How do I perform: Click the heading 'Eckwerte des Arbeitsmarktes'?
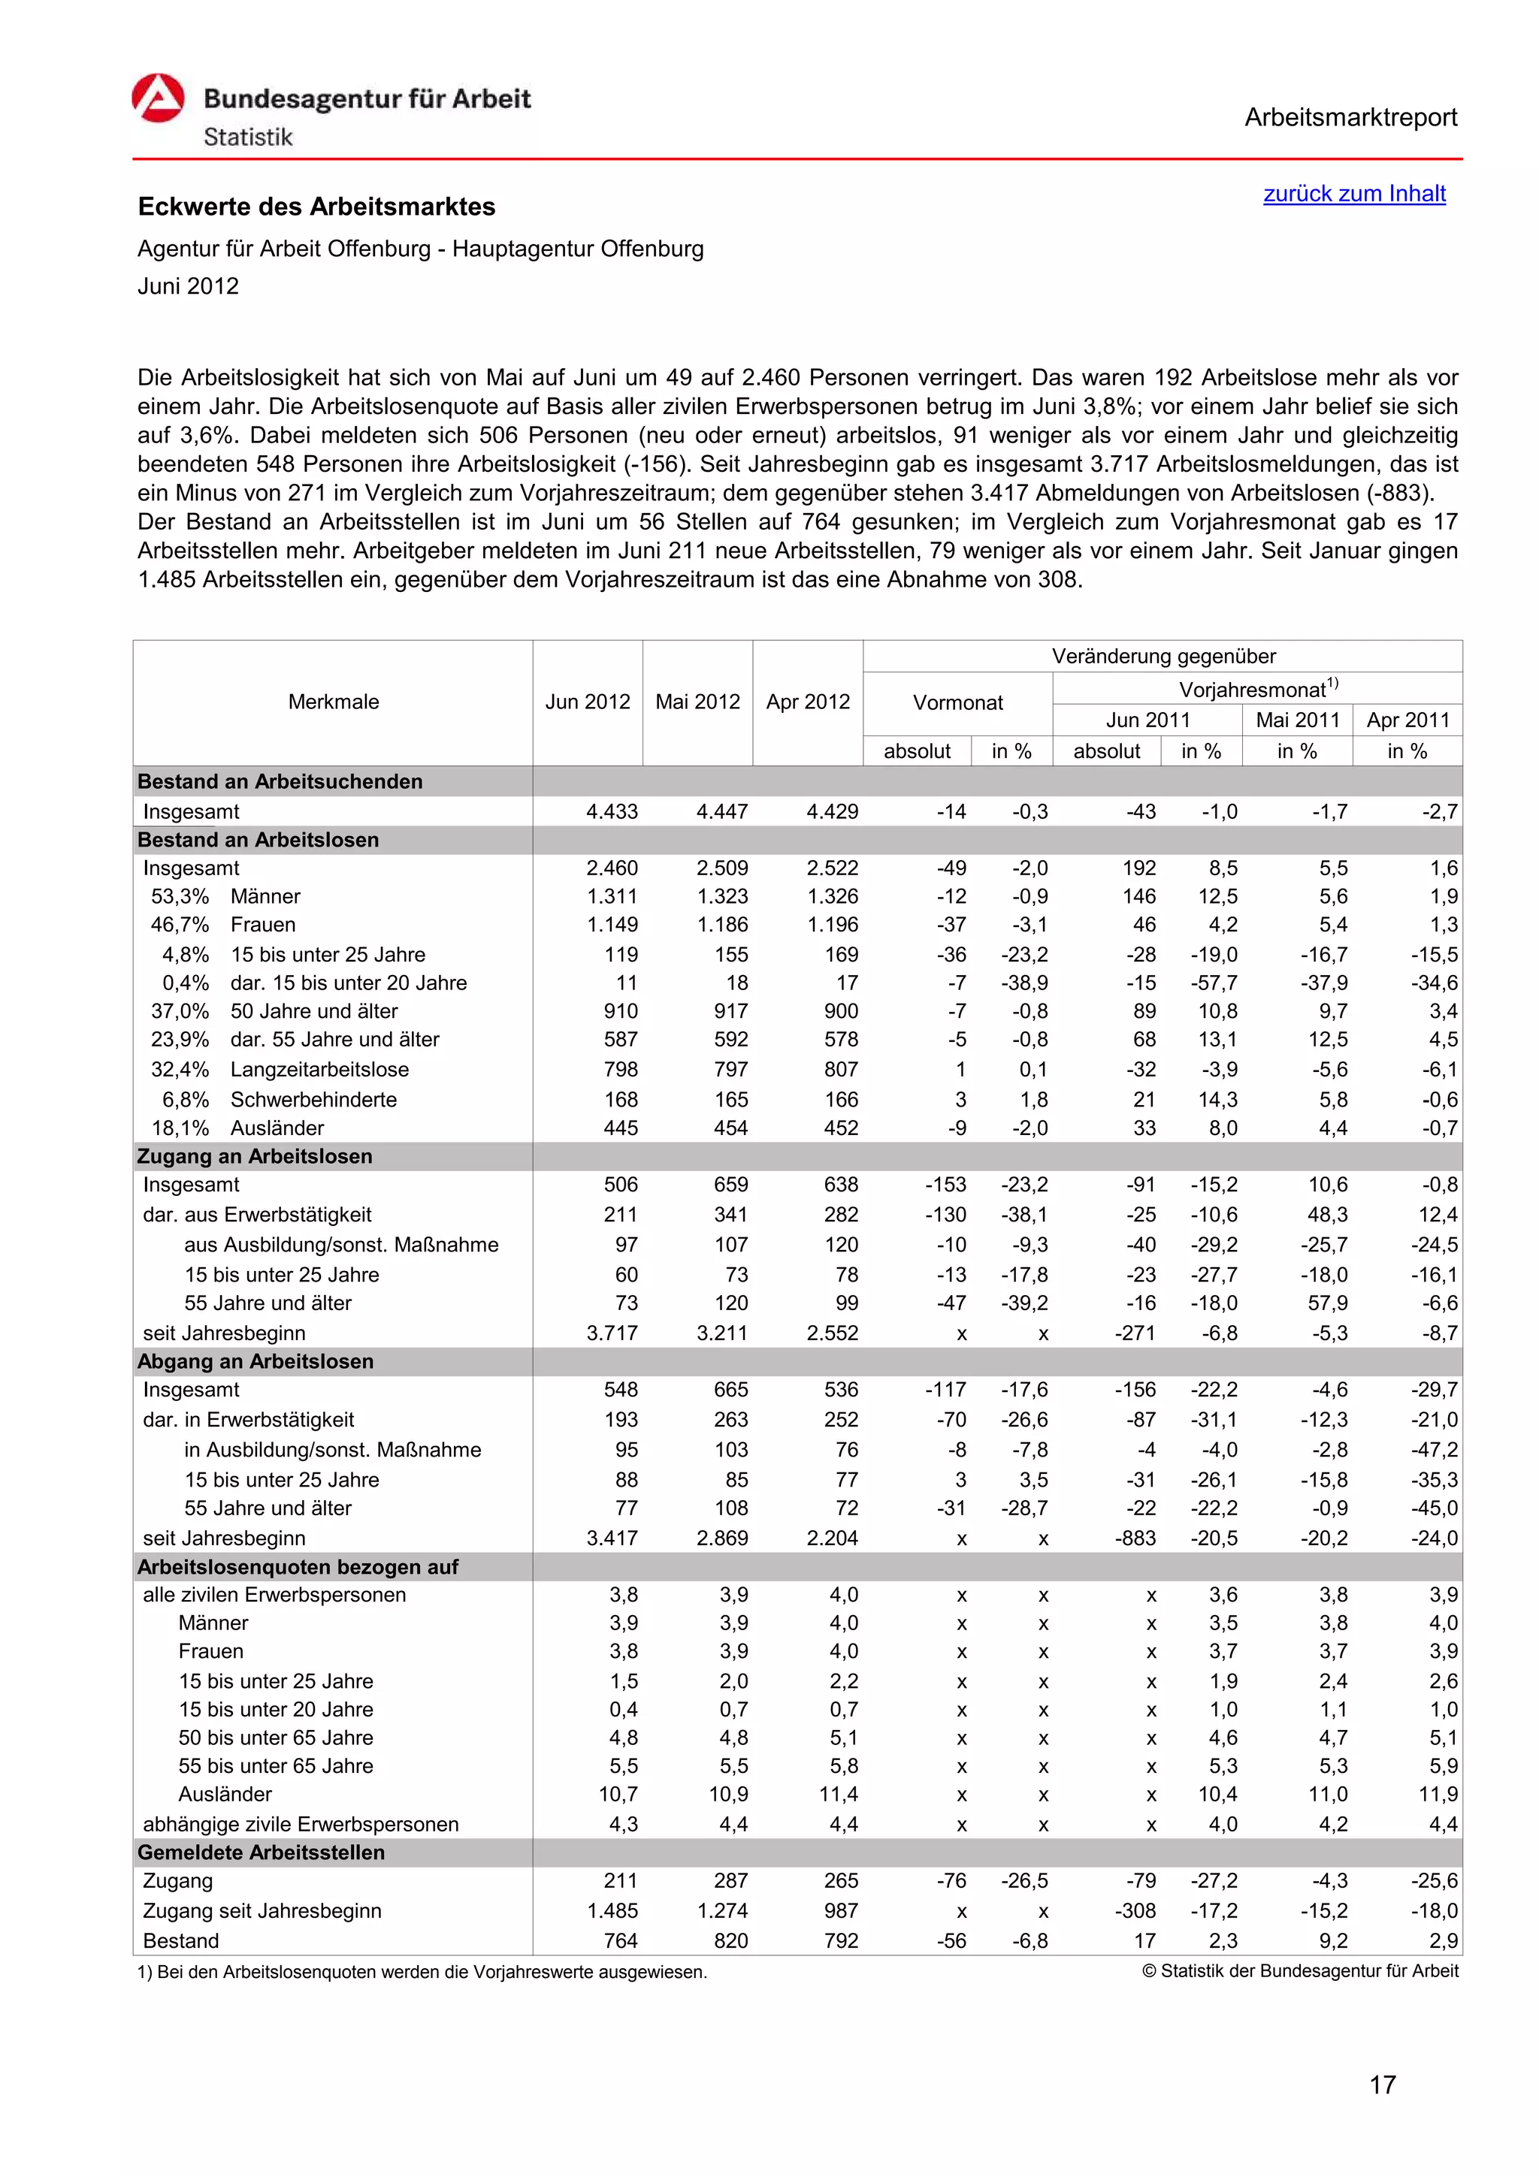click(x=316, y=207)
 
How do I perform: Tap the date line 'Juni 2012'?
click(x=188, y=286)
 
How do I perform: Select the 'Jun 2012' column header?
click(x=587, y=702)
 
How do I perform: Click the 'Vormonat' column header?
click(x=957, y=702)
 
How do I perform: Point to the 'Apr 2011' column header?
click(x=1407, y=720)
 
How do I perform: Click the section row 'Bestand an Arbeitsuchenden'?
click(x=280, y=781)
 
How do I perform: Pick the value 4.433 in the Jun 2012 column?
click(x=612, y=811)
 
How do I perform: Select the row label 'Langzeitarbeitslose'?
click(x=319, y=1070)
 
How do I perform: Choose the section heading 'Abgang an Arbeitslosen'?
click(x=255, y=1362)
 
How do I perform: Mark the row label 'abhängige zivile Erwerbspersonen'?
click(x=300, y=1824)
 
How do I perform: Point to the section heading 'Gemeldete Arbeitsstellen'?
click(x=261, y=1852)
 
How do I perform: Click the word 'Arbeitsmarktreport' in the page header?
click(x=1350, y=118)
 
